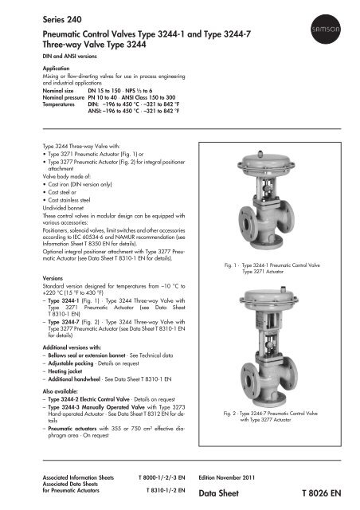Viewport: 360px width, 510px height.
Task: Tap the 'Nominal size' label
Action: click(x=41, y=91)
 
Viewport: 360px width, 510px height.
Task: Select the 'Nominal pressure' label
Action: click(x=45, y=98)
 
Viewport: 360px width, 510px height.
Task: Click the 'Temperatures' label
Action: click(x=40, y=105)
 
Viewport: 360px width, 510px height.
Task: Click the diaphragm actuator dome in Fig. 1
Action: click(x=276, y=144)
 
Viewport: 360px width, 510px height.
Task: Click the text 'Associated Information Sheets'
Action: click(x=68, y=476)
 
